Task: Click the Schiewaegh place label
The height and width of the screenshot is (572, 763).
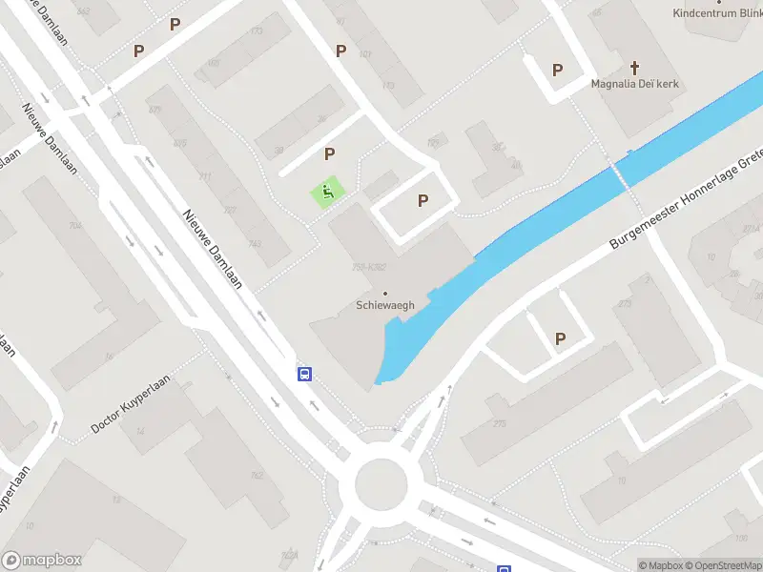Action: tap(384, 305)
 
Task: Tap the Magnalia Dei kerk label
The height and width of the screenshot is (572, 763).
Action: tap(633, 84)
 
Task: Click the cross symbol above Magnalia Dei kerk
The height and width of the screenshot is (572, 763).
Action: tap(635, 68)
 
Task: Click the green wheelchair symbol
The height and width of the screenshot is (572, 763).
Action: tap(327, 193)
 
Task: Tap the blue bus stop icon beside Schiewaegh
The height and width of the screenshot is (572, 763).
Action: tap(305, 374)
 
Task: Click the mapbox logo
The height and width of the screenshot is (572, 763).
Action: tap(42, 561)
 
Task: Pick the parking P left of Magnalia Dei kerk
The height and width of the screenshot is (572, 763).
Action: tap(557, 70)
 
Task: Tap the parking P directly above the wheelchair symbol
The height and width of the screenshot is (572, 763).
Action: tap(330, 153)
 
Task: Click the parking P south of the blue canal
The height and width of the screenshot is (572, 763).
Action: tap(560, 338)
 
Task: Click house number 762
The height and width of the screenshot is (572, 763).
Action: tap(256, 475)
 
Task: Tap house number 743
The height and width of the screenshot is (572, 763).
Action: tap(254, 243)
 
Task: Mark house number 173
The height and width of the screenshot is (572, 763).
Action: tap(256, 31)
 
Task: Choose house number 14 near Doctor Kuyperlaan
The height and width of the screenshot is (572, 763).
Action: tap(141, 432)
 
